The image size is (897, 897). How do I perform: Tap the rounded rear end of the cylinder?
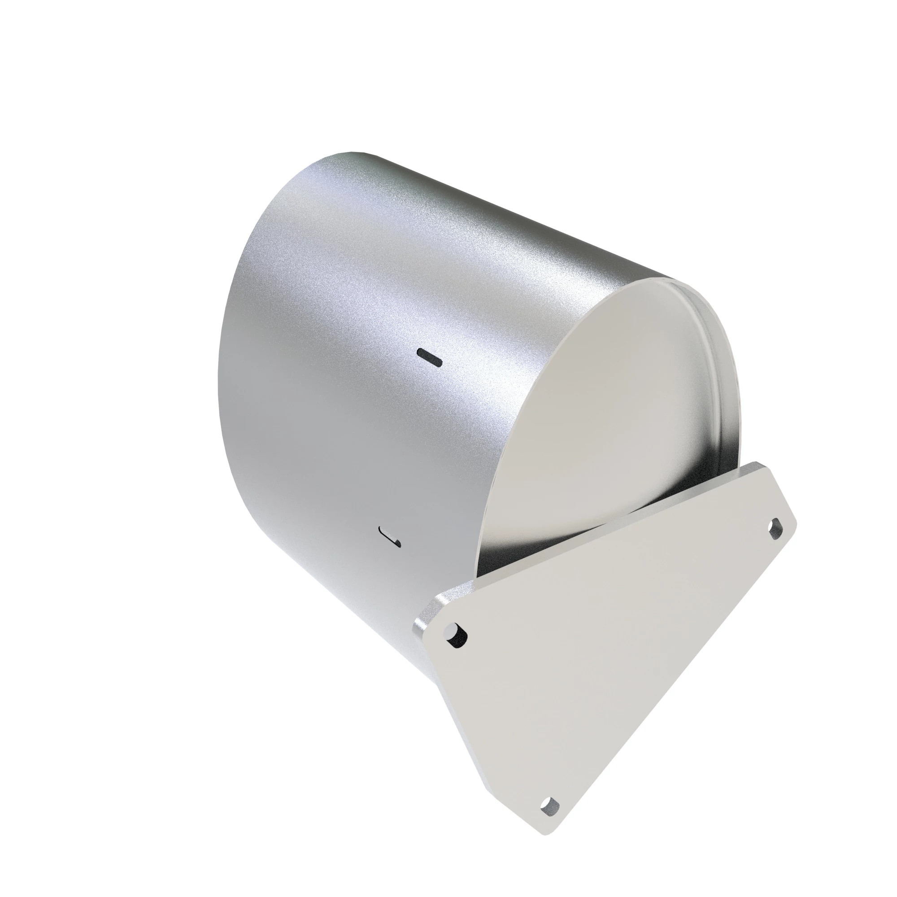tap(232, 325)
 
